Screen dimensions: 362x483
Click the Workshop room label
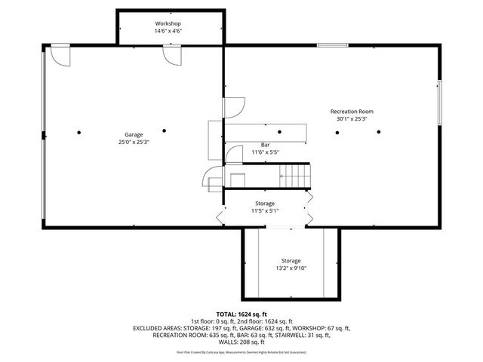[168, 24]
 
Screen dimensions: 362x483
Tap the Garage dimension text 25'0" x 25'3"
[134, 142]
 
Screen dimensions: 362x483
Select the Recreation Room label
[352, 112]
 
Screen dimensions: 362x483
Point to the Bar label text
[265, 145]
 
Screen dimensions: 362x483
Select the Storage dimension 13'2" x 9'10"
[291, 268]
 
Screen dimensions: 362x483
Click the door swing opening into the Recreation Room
[235, 108]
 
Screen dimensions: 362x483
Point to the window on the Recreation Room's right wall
[439, 101]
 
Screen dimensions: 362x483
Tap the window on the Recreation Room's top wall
[332, 45]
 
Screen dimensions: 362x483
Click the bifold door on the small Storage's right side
[308, 217]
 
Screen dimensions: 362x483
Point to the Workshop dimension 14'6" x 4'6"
[168, 32]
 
